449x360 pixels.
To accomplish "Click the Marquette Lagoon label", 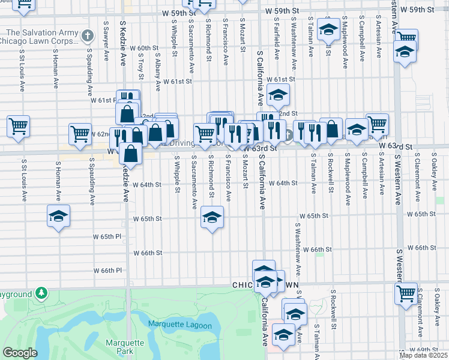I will (x=180, y=326).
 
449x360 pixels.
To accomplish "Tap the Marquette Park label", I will (x=125, y=347).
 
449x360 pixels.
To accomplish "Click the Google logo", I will (x=20, y=353).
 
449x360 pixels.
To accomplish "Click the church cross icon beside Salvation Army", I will (x=88, y=36).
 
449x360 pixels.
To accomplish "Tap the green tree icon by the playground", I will (x=41, y=293).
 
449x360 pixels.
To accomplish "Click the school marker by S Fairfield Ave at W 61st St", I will (x=278, y=95).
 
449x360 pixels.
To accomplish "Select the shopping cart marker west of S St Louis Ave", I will (x=19, y=127).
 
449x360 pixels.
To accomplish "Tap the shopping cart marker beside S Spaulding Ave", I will (x=80, y=135).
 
